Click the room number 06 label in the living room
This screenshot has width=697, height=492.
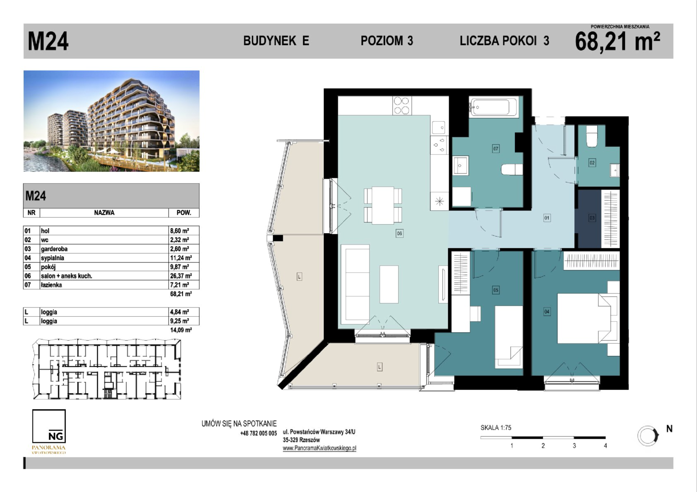pos(399,233)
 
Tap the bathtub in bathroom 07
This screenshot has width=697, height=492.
pos(493,107)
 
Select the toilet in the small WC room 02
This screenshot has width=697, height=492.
pos(592,136)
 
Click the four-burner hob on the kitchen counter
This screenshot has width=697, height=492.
pos(401,106)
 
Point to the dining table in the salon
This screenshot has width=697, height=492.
pos(383,205)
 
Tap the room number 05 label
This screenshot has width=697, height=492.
pos(496,290)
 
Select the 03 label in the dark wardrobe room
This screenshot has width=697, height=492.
pos(592,218)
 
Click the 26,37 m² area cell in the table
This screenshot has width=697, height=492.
pos(181,276)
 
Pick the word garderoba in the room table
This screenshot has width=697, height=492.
pos(54,249)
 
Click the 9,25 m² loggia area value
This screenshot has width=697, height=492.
pos(180,321)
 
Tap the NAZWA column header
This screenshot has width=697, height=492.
pos(104,213)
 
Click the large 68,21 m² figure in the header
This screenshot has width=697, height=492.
pos(617,41)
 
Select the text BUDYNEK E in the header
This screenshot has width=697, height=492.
pos(276,41)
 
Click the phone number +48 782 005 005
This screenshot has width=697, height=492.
pos(258,433)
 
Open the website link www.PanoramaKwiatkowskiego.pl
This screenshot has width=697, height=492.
pos(319,448)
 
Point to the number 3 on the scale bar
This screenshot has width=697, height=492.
pos(574,446)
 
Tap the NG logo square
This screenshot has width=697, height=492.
pos(49,426)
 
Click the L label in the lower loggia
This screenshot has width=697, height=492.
pos(380,367)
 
